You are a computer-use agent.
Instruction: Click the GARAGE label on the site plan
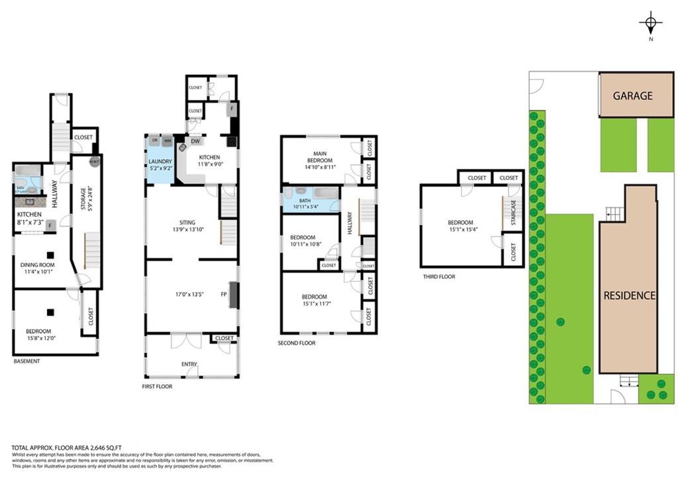[632, 95]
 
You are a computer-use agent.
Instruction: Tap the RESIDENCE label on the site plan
[629, 295]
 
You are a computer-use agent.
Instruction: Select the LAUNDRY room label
[160, 162]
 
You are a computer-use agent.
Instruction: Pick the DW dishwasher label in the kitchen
[197, 141]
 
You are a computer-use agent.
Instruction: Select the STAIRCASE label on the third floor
[512, 213]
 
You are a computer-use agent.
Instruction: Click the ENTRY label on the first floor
[190, 364]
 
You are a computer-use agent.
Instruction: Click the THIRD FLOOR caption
[438, 277]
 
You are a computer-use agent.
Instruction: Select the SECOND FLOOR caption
[297, 343]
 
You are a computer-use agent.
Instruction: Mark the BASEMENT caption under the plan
[27, 361]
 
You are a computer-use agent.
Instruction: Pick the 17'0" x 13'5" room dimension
[189, 295]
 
